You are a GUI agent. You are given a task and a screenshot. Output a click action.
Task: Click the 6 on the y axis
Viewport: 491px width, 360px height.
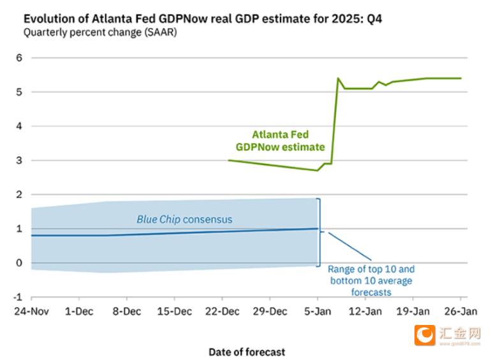pos(19,58)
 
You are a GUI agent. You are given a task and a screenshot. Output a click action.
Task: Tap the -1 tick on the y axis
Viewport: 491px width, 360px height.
pos(18,298)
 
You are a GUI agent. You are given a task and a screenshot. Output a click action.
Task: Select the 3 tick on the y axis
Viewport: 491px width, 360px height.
pos(19,161)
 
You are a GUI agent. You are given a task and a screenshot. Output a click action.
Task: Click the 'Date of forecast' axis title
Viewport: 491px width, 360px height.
pos(247,352)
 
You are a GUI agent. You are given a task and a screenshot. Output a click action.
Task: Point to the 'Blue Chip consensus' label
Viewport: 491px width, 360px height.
pos(184,219)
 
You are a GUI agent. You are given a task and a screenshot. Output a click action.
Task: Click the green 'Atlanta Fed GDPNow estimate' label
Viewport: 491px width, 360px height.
pos(280,141)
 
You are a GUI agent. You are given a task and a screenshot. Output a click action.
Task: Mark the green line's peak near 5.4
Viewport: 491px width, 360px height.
pos(338,78)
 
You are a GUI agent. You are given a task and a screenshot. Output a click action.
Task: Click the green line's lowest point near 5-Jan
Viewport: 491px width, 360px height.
pos(318,170)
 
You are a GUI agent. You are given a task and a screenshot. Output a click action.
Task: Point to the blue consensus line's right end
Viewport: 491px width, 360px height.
pos(318,228)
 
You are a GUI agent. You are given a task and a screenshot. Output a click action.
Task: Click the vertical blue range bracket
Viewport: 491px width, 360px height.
pos(319,232)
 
